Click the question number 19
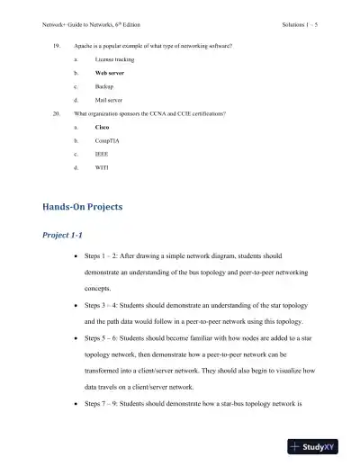tap(57, 42)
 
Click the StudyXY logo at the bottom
tap(319, 446)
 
